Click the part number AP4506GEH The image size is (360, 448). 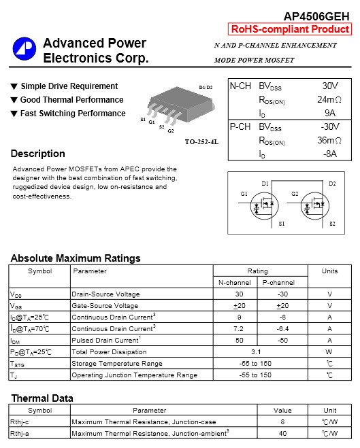click(x=316, y=16)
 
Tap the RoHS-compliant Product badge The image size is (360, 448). click(x=291, y=29)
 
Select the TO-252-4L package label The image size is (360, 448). click(x=201, y=141)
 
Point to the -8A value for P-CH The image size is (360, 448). click(x=329, y=154)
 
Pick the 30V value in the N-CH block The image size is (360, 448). click(x=330, y=86)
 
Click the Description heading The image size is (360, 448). click(x=38, y=154)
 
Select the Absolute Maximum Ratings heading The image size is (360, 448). click(x=76, y=258)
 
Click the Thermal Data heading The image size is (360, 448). click(x=42, y=398)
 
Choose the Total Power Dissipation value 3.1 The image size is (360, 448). click(x=257, y=352)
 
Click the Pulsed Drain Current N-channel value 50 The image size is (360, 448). click(x=239, y=341)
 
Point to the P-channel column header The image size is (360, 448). click(x=278, y=282)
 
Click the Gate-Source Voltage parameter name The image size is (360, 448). click(x=105, y=306)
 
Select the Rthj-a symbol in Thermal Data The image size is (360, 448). click(x=20, y=433)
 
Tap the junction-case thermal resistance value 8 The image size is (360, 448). click(x=282, y=422)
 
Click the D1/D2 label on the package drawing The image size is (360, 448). click(x=206, y=88)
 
